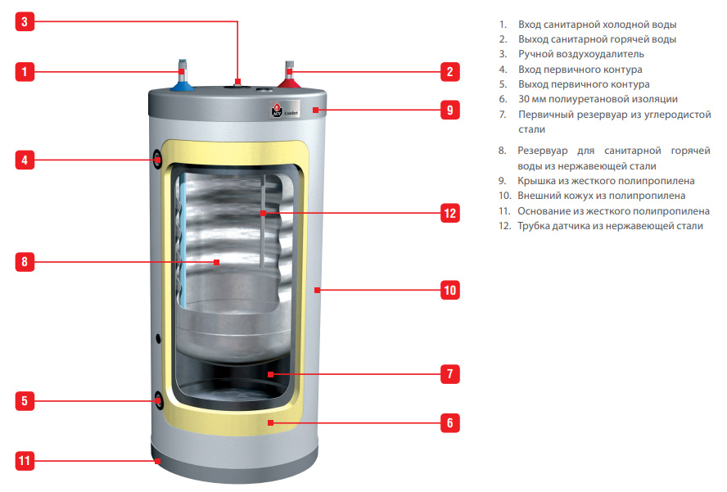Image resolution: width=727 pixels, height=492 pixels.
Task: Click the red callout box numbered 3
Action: (25, 21)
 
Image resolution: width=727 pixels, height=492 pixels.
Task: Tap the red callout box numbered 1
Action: (25, 71)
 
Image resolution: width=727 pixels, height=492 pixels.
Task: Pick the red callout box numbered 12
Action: (449, 213)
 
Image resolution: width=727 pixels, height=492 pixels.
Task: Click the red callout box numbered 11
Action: (25, 461)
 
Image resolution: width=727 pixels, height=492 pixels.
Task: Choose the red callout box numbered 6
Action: (449, 423)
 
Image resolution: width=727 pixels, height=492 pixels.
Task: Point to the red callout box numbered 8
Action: (25, 262)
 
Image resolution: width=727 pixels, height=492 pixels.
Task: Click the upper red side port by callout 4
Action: (156, 160)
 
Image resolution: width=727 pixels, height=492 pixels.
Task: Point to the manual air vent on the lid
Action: (237, 82)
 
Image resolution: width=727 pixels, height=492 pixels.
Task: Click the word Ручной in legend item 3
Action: (536, 55)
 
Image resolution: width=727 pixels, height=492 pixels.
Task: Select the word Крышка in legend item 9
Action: (539, 181)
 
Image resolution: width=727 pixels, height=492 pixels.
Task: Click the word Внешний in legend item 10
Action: (540, 196)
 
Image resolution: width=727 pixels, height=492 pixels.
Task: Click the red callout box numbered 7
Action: (449, 373)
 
